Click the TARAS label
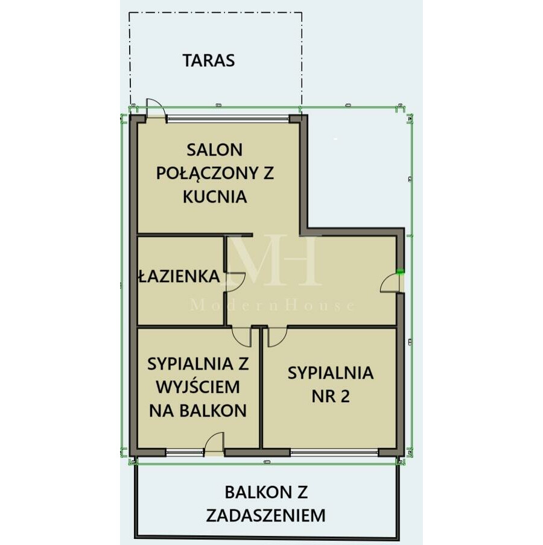pyautogui.click(x=209, y=60)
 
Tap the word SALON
pyautogui.click(x=214, y=149)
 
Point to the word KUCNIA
pyautogui.click(x=215, y=197)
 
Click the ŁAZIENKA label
pyautogui.click(x=179, y=277)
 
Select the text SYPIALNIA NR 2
pyautogui.click(x=330, y=384)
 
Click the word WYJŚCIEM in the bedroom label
pyautogui.click(x=198, y=387)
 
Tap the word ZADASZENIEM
pyautogui.click(x=265, y=515)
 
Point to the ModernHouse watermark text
pyautogui.click(x=273, y=306)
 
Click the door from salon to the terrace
pyautogui.click(x=155, y=108)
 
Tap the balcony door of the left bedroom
pyautogui.click(x=214, y=443)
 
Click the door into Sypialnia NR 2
pyautogui.click(x=277, y=337)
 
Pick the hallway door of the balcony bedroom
pyautogui.click(x=242, y=337)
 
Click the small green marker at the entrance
pyautogui.click(x=400, y=272)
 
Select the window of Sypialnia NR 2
pyautogui.click(x=334, y=452)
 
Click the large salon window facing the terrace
pyautogui.click(x=228, y=118)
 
